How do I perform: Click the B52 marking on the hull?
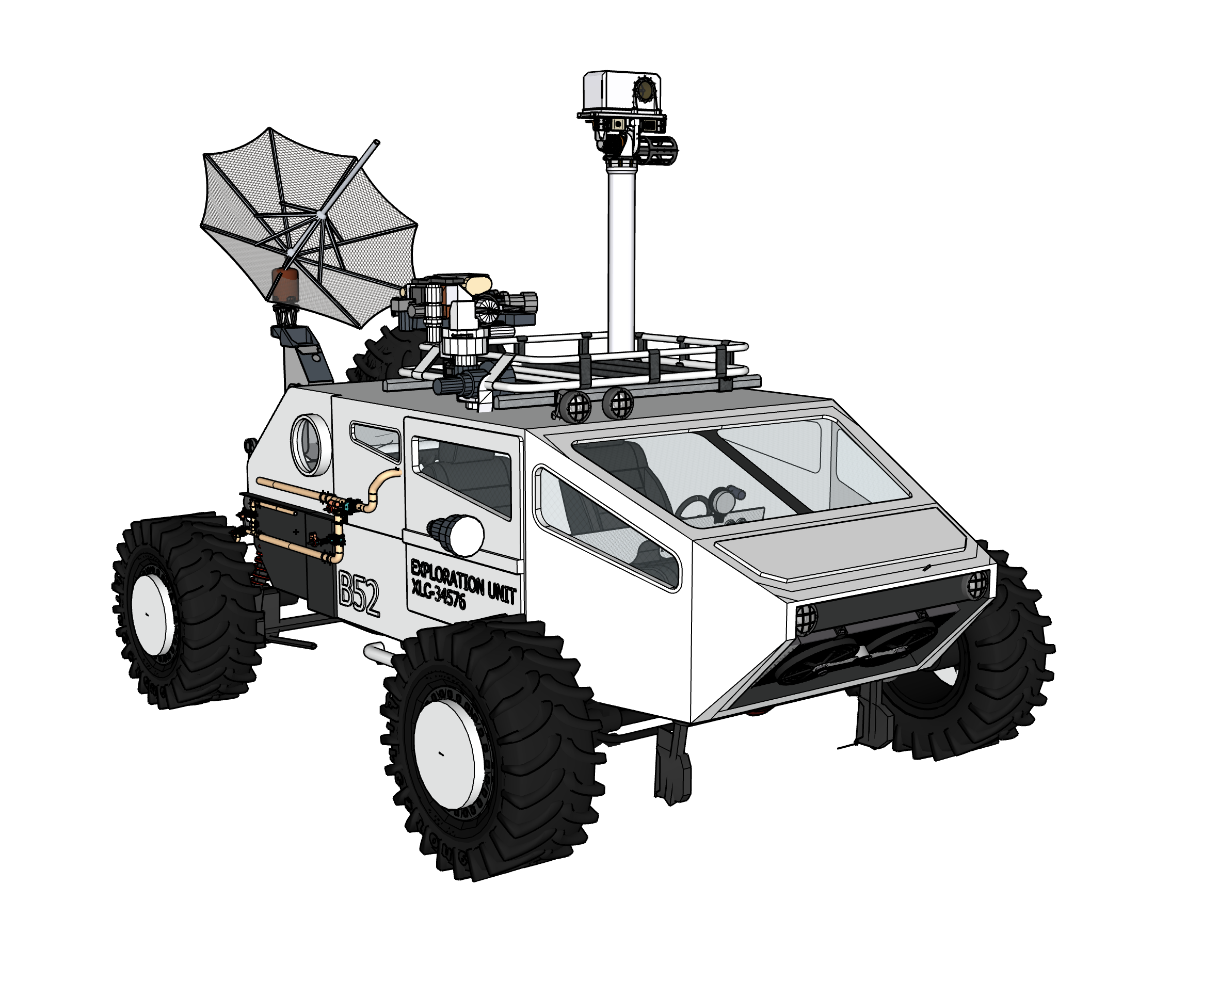coord(359,594)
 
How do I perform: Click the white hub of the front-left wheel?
coord(444,753)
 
